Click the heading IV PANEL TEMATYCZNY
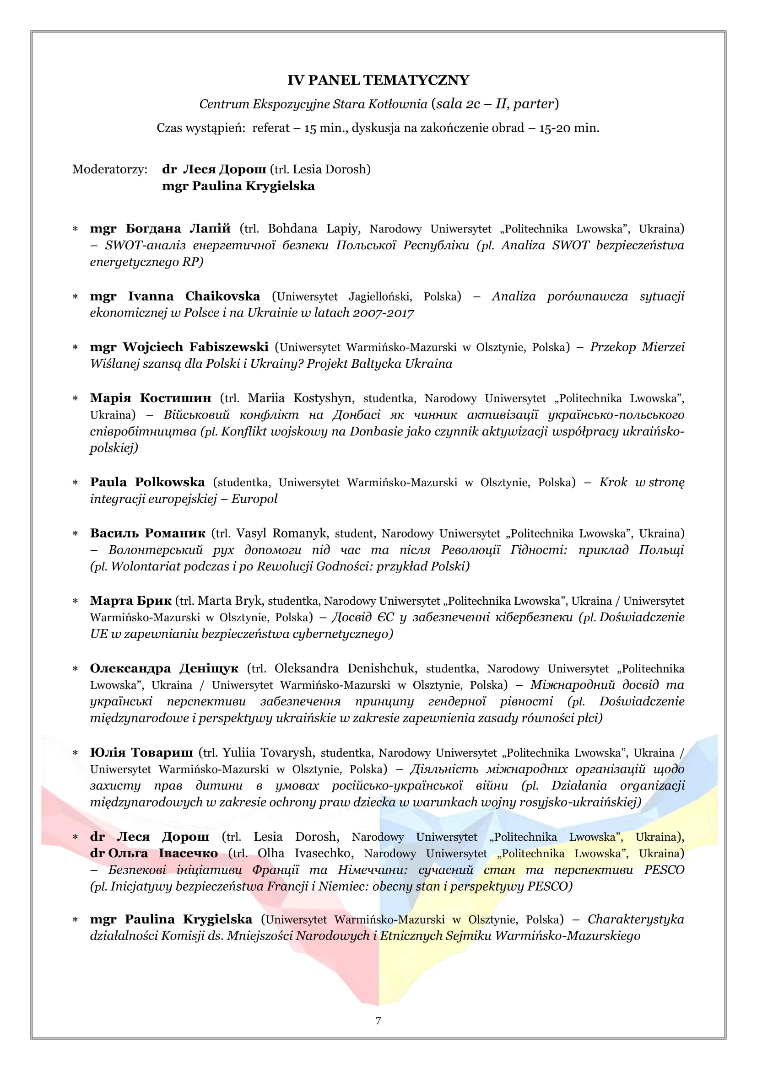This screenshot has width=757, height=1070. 378,80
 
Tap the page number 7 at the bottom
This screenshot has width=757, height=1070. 378,1021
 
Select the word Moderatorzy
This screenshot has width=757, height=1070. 109,169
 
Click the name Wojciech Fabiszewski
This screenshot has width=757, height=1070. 195,347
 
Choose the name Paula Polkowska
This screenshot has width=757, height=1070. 147,482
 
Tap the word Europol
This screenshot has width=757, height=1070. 254,499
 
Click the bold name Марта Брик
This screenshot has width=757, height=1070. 131,601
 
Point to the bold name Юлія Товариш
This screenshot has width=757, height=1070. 141,753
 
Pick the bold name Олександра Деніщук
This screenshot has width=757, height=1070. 164,669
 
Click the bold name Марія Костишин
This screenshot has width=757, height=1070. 151,398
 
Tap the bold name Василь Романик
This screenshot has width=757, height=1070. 147,533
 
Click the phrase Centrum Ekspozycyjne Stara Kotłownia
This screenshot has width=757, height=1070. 313,104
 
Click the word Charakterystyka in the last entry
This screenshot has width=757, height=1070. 636,919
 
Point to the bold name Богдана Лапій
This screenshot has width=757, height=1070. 178,229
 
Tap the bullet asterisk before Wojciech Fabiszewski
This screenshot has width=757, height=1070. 75,348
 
